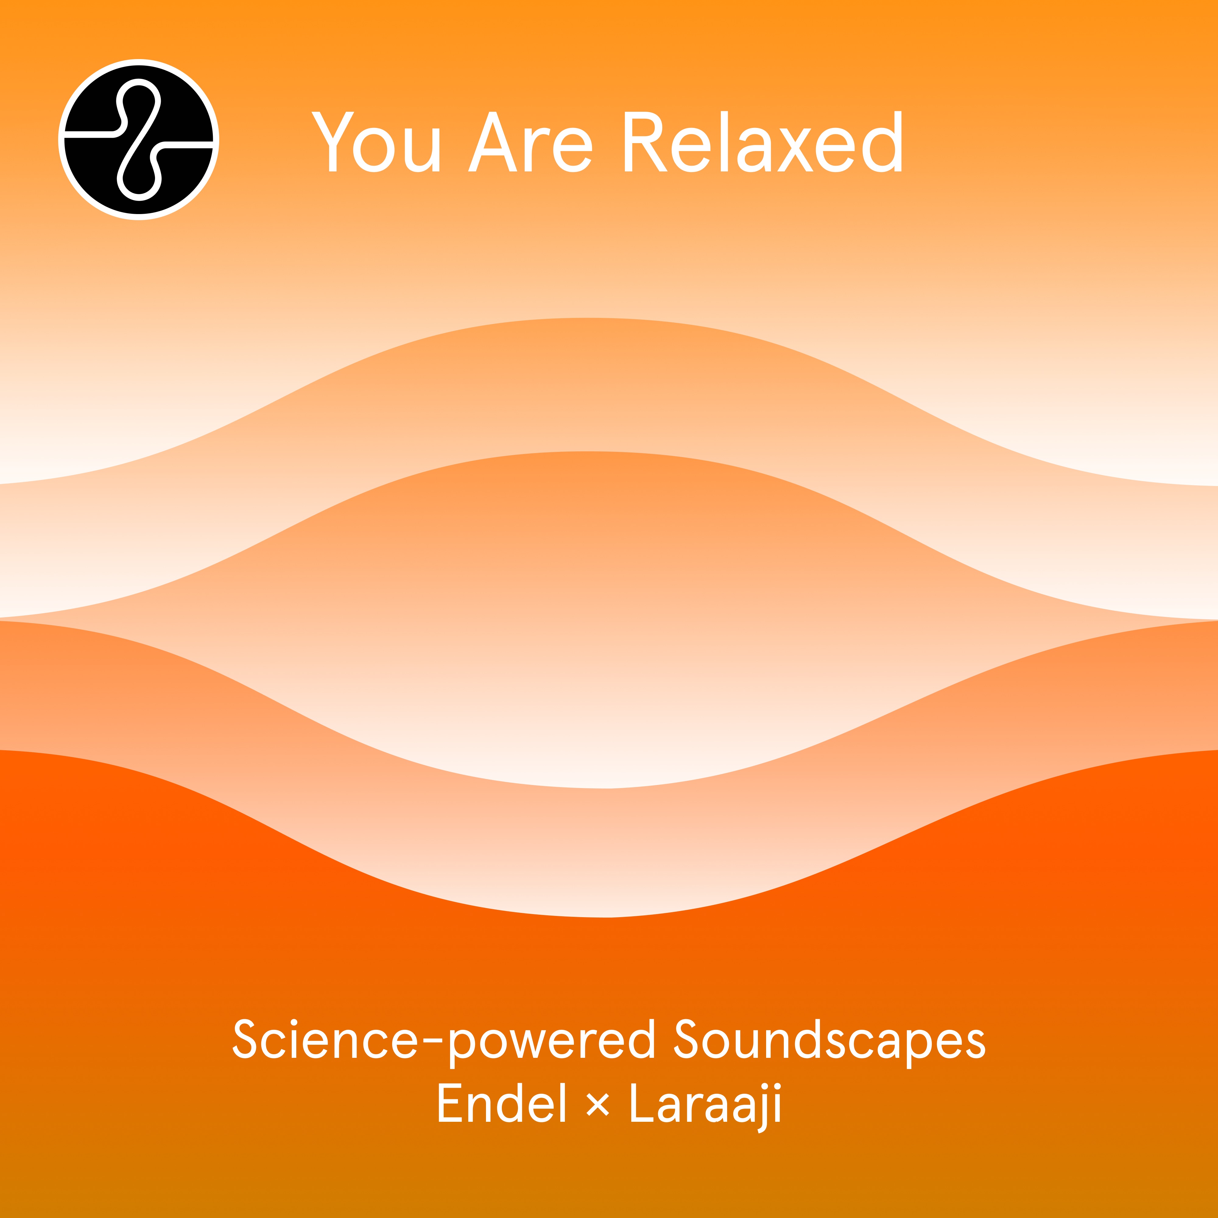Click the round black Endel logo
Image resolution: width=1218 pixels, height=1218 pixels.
(x=139, y=139)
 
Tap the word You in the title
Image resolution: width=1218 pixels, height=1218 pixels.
(x=376, y=143)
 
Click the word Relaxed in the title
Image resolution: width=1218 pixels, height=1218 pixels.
(x=763, y=143)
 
